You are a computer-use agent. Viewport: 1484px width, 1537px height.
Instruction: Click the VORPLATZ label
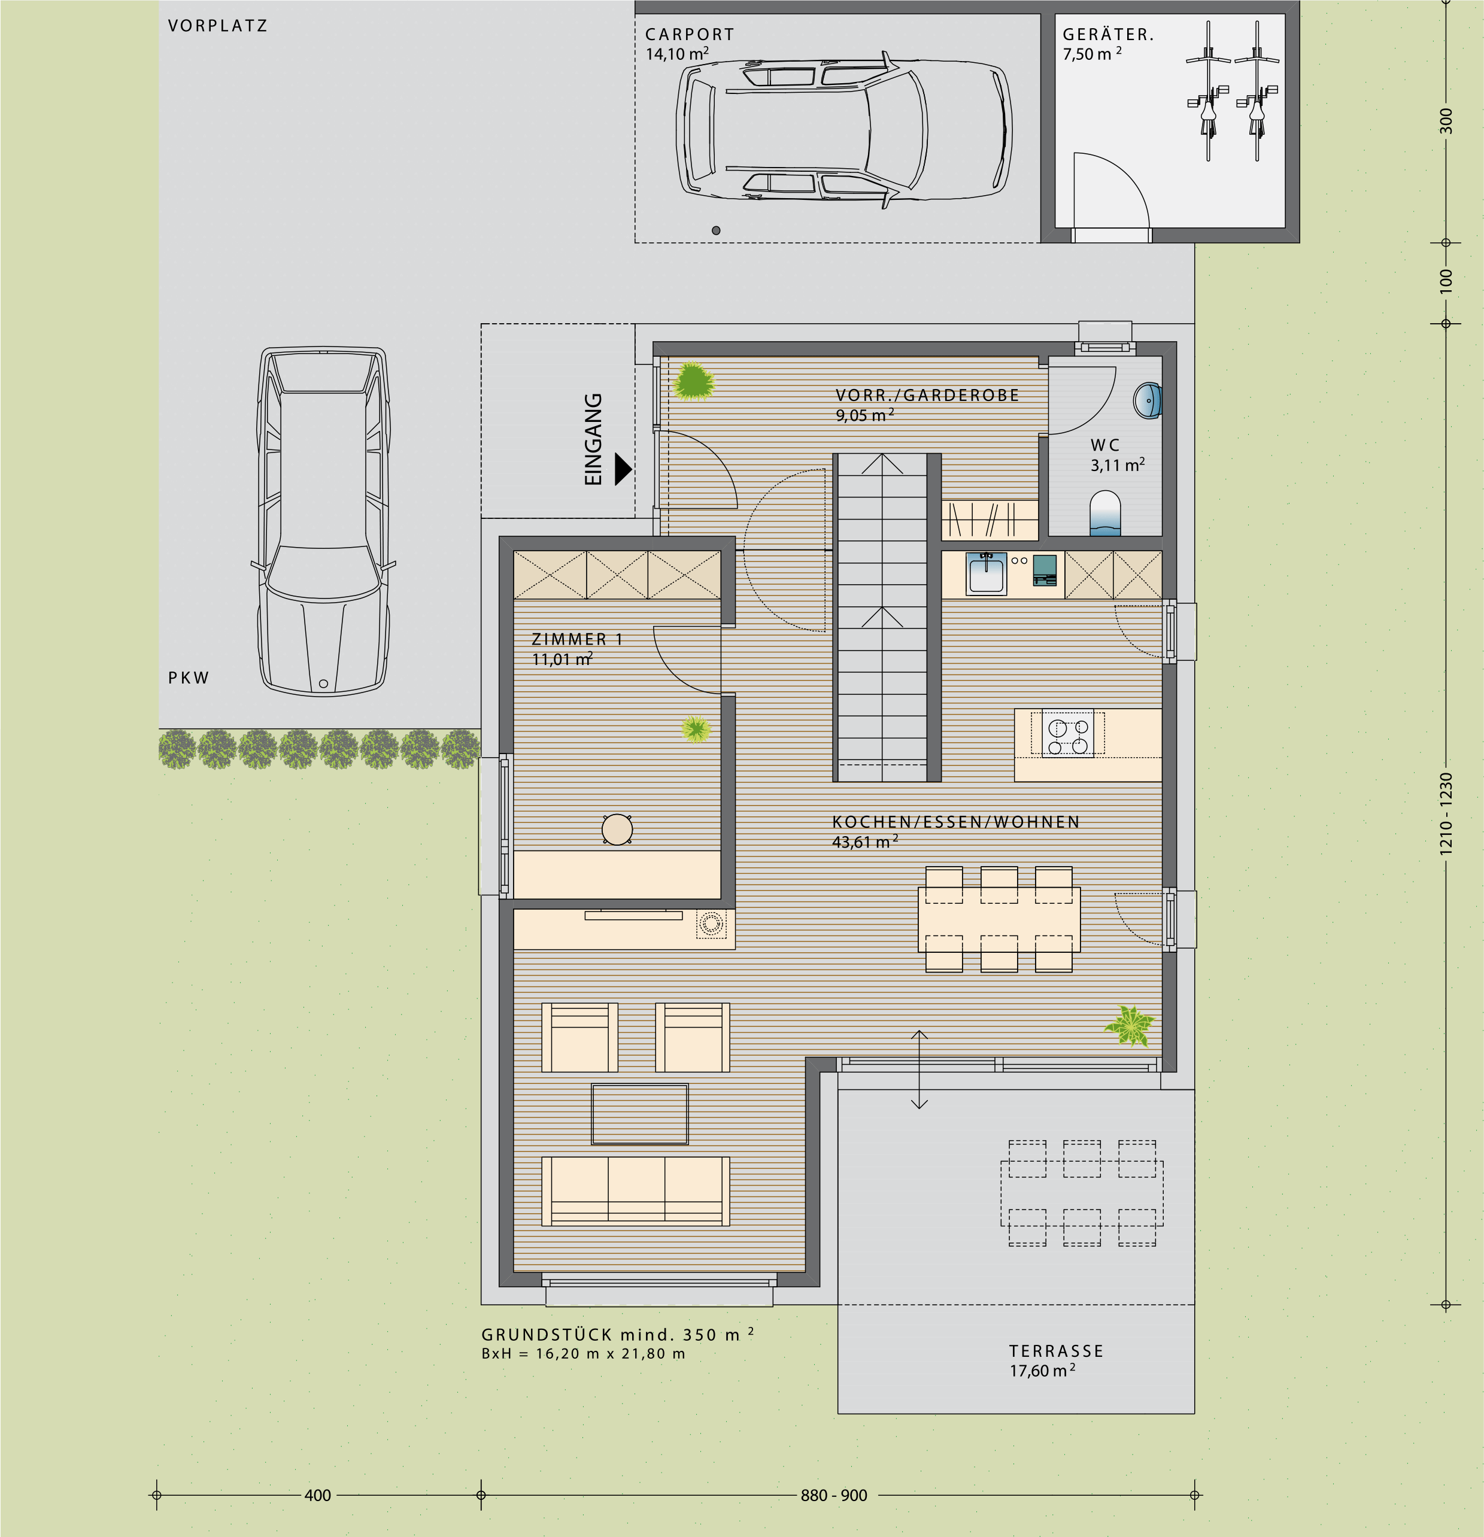click(x=217, y=26)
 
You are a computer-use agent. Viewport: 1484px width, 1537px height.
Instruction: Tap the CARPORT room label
click(x=690, y=35)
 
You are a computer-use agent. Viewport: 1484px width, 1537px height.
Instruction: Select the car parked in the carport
click(x=844, y=129)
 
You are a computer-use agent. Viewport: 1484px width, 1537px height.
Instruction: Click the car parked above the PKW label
click(x=323, y=521)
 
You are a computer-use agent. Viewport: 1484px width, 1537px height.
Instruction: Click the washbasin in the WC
click(x=1148, y=400)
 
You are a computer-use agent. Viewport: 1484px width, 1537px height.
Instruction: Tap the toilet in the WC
click(x=1105, y=514)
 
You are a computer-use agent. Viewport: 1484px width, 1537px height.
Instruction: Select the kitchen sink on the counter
click(x=986, y=573)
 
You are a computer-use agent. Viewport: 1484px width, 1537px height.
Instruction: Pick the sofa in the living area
click(x=635, y=1190)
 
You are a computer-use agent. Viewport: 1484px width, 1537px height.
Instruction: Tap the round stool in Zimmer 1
click(x=617, y=829)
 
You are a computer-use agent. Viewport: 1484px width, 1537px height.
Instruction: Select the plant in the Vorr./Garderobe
click(x=693, y=382)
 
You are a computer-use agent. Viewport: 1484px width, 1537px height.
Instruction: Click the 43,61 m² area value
click(x=864, y=842)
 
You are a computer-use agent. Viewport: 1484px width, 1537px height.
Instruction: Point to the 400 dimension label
click(x=318, y=1496)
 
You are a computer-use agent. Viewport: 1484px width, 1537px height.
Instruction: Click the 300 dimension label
click(x=1446, y=121)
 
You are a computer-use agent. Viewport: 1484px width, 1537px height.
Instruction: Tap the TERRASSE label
click(x=1056, y=1350)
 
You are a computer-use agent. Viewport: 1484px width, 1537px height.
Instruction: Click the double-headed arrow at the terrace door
click(x=919, y=1070)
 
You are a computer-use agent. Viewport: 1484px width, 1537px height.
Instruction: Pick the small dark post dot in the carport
click(x=716, y=230)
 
